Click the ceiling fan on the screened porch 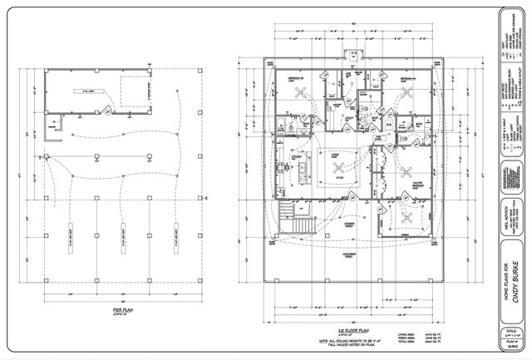[x=406, y=219]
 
